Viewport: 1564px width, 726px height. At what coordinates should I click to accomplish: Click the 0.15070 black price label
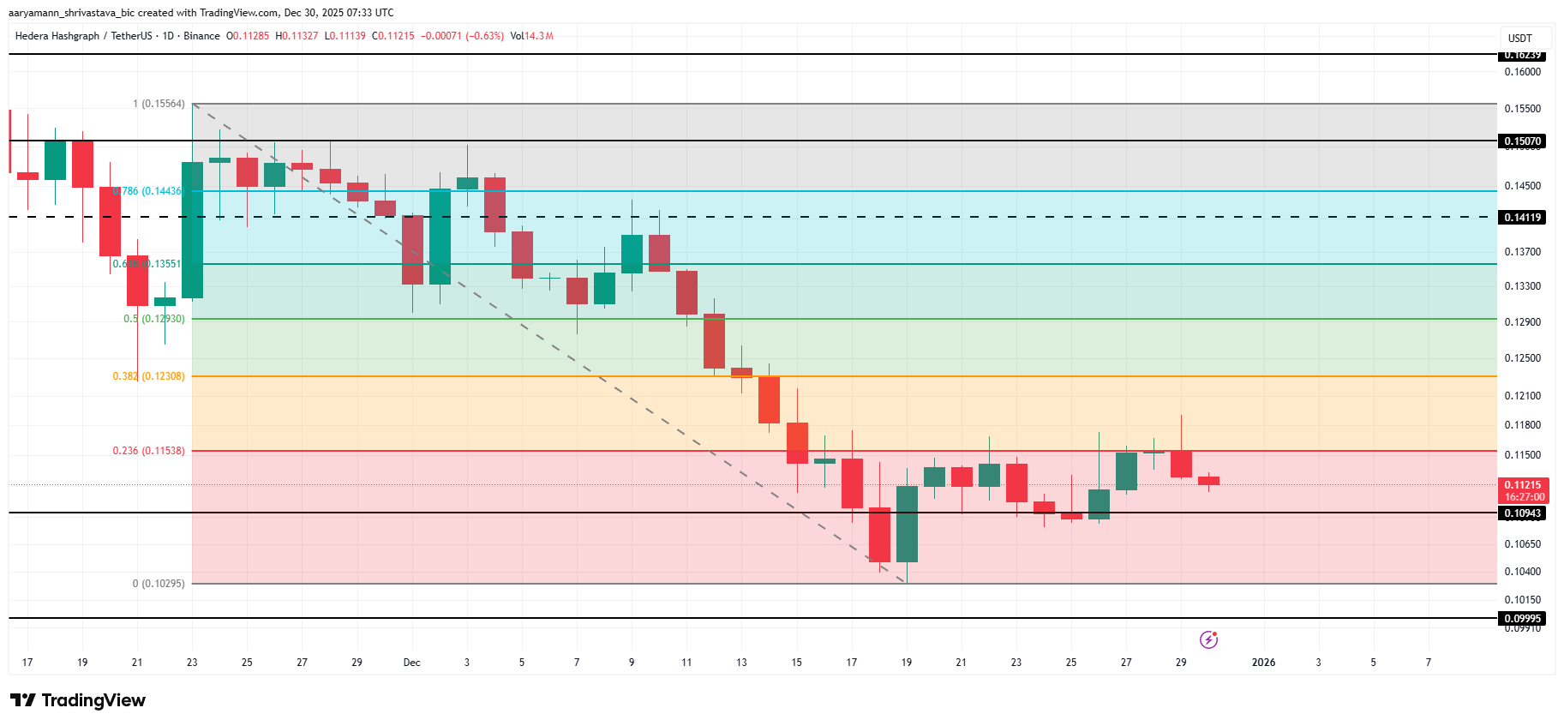click(1522, 141)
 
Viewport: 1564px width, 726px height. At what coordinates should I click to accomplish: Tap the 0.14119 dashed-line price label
click(1522, 218)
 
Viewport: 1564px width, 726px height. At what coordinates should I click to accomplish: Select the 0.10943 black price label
click(1522, 513)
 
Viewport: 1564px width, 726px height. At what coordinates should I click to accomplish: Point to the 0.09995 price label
click(1522, 619)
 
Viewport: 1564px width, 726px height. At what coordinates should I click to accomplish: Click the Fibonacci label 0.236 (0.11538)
click(148, 451)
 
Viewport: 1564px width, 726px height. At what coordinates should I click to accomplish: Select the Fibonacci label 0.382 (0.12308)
click(148, 376)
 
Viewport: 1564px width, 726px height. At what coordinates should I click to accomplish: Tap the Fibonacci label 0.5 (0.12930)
click(153, 319)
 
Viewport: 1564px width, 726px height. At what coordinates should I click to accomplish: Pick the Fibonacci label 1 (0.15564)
click(159, 104)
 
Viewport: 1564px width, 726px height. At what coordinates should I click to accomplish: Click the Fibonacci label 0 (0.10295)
click(159, 584)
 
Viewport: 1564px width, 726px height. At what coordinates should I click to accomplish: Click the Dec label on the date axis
click(412, 663)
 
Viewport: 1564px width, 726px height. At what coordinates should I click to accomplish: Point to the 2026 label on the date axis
click(1263, 663)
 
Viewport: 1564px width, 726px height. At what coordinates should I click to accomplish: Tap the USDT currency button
click(1520, 39)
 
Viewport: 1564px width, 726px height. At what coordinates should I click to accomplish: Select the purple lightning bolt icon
click(1208, 639)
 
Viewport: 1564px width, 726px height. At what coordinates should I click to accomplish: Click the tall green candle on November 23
click(192, 230)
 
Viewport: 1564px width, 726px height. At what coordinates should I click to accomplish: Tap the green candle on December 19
click(907, 524)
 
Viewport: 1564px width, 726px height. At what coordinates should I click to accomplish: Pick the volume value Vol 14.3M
click(531, 36)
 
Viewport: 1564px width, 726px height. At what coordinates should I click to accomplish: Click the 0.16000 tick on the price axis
click(1522, 72)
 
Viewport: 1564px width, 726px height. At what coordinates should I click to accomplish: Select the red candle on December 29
click(1181, 464)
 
